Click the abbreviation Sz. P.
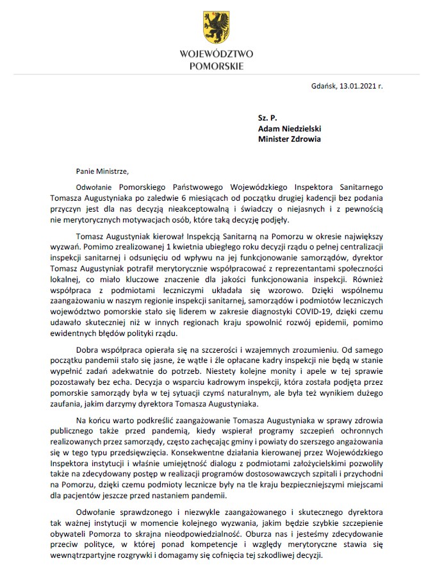(x=266, y=119)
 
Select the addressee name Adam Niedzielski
(x=289, y=128)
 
